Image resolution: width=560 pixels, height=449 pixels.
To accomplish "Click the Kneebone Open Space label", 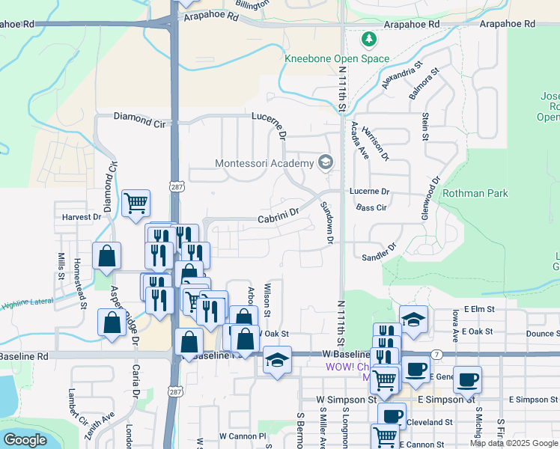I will coord(337,58).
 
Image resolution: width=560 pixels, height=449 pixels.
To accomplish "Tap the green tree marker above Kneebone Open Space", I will coord(368,38).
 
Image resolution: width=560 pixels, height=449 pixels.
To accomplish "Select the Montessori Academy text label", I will coord(264,163).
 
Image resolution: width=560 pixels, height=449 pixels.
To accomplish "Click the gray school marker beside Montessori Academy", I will coord(325,162).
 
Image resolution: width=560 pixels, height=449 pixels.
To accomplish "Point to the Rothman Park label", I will coord(475,193).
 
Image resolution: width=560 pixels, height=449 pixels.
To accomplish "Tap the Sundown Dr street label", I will coord(326,223).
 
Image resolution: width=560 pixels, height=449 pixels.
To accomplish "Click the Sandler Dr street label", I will coord(378,251).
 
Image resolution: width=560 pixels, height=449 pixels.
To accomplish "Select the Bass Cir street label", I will coord(371,207).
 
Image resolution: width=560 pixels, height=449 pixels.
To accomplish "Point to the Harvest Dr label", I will coord(82,217).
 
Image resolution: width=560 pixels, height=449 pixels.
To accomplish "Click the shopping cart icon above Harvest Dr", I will coord(136,203).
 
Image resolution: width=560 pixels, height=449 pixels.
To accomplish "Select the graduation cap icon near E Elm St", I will coord(413,319).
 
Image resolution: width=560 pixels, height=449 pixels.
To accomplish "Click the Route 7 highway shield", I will coord(436,353).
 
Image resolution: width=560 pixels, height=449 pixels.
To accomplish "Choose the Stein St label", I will coord(424,126).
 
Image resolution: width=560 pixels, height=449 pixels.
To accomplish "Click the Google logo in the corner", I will coord(25,440).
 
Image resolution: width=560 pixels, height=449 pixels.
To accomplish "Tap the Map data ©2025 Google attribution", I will coord(514,443).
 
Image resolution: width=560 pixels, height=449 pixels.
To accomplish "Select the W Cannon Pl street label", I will coord(243,436).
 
